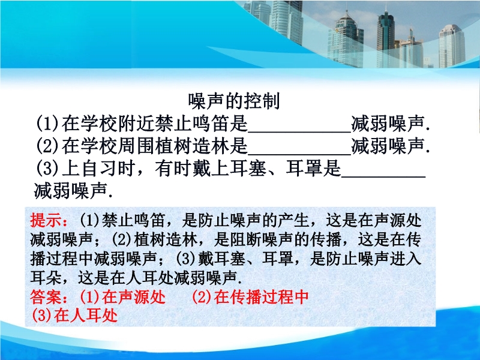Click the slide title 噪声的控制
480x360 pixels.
click(234, 101)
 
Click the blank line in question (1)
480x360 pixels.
click(299, 132)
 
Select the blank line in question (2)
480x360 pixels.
click(299, 154)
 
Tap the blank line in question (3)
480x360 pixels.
click(383, 176)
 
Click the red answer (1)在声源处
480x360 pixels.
click(123, 296)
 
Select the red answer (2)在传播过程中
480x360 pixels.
click(250, 296)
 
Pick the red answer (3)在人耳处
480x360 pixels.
click(74, 315)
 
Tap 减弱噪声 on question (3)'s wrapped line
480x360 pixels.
click(70, 190)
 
